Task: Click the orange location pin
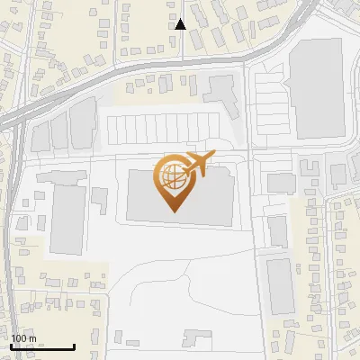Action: point(174,179)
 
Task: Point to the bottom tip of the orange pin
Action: point(174,211)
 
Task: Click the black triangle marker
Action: point(180,24)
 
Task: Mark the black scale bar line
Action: point(42,347)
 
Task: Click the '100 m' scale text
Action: point(23,338)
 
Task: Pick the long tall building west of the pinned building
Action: point(67,220)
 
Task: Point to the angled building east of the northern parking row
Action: point(222,91)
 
